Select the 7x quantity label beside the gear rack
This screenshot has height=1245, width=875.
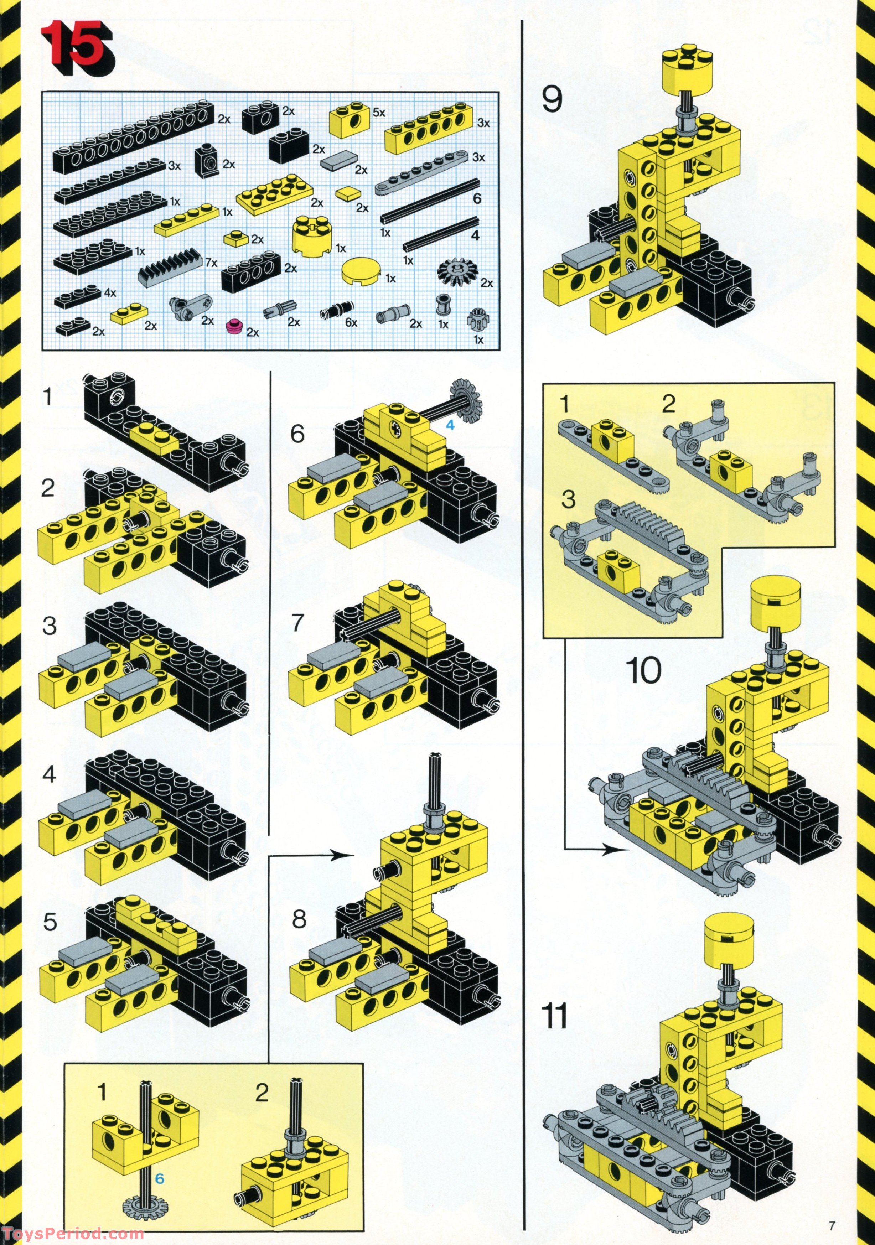point(211,263)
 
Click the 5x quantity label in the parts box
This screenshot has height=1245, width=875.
point(379,113)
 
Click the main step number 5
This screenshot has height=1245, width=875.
point(50,922)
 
